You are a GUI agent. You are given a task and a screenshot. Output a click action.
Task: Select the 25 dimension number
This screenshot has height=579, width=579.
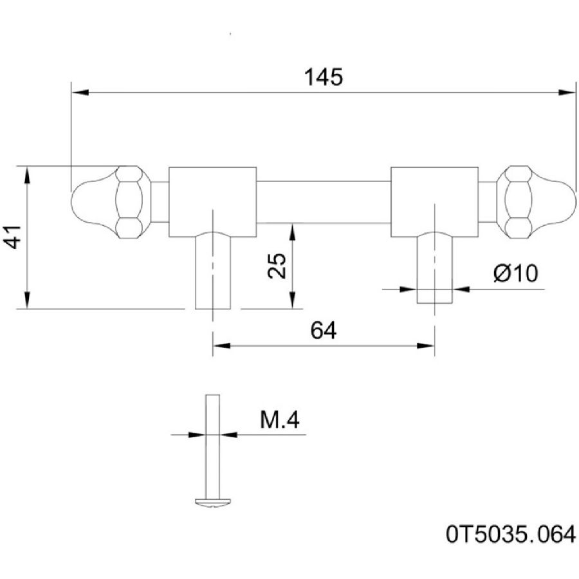click(277, 264)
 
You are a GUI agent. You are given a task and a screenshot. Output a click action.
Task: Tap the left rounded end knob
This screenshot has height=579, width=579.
click(90, 201)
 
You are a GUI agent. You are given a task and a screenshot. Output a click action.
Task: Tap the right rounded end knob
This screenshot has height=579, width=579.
click(555, 201)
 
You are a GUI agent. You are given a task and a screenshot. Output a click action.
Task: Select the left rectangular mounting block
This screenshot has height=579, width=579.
click(212, 201)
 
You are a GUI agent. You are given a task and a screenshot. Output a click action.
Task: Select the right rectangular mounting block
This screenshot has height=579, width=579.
click(434, 201)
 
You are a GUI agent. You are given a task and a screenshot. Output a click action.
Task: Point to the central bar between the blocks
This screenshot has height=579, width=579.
click(324, 202)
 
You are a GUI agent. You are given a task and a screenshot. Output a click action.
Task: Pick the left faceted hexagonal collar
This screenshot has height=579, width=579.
click(133, 201)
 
